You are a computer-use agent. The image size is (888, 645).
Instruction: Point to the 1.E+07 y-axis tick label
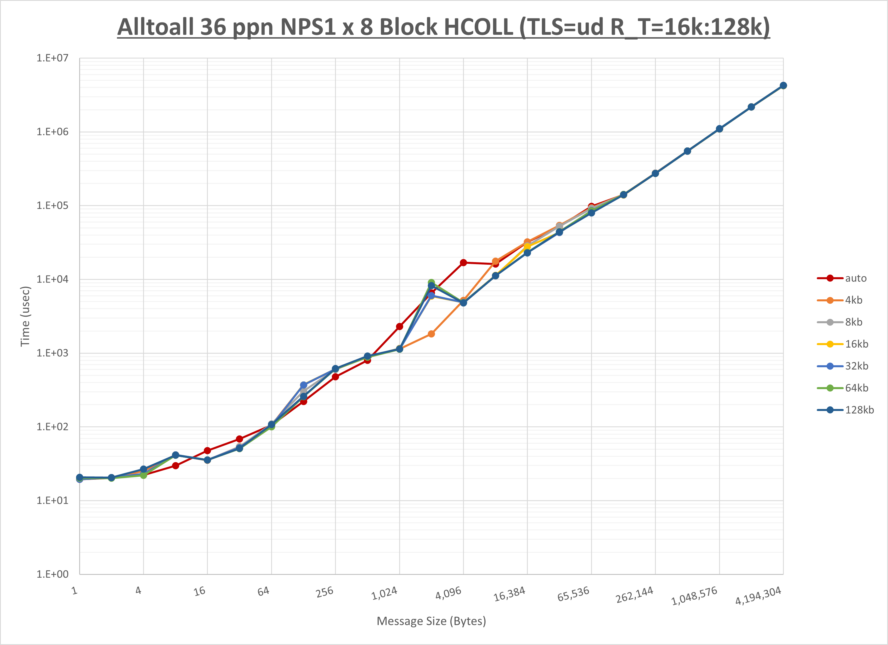[x=52, y=58]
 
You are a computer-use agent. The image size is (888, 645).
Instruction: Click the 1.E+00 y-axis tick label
[x=52, y=575]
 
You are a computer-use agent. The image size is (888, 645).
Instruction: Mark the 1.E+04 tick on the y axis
[x=52, y=279]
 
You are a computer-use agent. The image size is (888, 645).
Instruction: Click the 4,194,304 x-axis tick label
[x=758, y=596]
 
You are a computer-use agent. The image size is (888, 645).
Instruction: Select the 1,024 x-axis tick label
[x=384, y=594]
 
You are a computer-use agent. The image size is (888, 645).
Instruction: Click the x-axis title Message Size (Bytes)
[x=431, y=621]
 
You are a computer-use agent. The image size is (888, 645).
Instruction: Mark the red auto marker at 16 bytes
[x=208, y=451]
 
